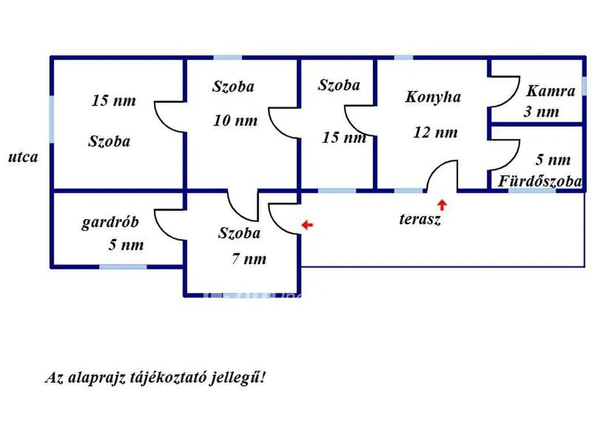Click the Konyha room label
[x=433, y=97]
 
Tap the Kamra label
[x=551, y=91]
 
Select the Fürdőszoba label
[x=540, y=181]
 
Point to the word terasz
[x=420, y=219]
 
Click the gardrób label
[x=110, y=222]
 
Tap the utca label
[x=23, y=157]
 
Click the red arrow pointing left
[x=308, y=225]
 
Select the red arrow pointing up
[x=442, y=205]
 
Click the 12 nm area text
[x=435, y=132]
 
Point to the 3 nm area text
[x=541, y=112]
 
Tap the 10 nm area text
[x=235, y=121]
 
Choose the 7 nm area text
[x=249, y=259]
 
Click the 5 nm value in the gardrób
[x=126, y=245]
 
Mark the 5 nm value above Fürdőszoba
[x=553, y=160]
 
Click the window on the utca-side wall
[x=51, y=120]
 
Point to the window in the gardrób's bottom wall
[x=123, y=267]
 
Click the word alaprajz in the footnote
[x=97, y=378]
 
